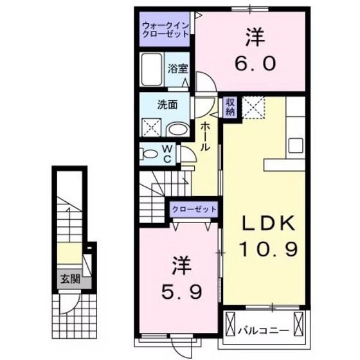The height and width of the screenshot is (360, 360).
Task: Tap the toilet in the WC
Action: pyautogui.click(x=148, y=154)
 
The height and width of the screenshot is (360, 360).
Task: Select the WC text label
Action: pyautogui.click(x=166, y=153)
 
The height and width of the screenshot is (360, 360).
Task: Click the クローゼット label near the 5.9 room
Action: pyautogui.click(x=194, y=209)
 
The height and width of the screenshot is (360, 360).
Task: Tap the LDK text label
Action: pyautogui.click(x=268, y=224)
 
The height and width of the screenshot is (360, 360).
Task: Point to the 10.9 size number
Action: pyautogui.click(x=269, y=249)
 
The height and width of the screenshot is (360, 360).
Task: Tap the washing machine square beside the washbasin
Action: pyautogui.click(x=152, y=128)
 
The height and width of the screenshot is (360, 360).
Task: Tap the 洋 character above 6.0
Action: pyautogui.click(x=255, y=37)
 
